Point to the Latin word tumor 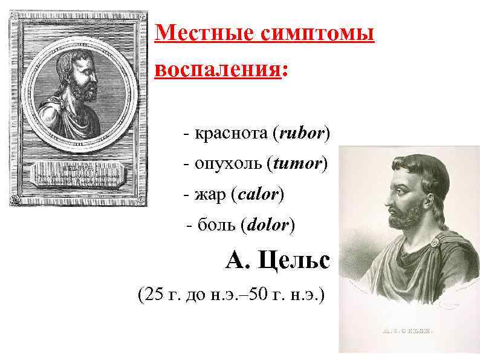click(299, 163)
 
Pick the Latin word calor click(258, 195)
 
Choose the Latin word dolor click(268, 226)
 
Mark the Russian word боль click(217, 226)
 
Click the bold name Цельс click(294, 261)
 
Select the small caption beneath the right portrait click(409, 332)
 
